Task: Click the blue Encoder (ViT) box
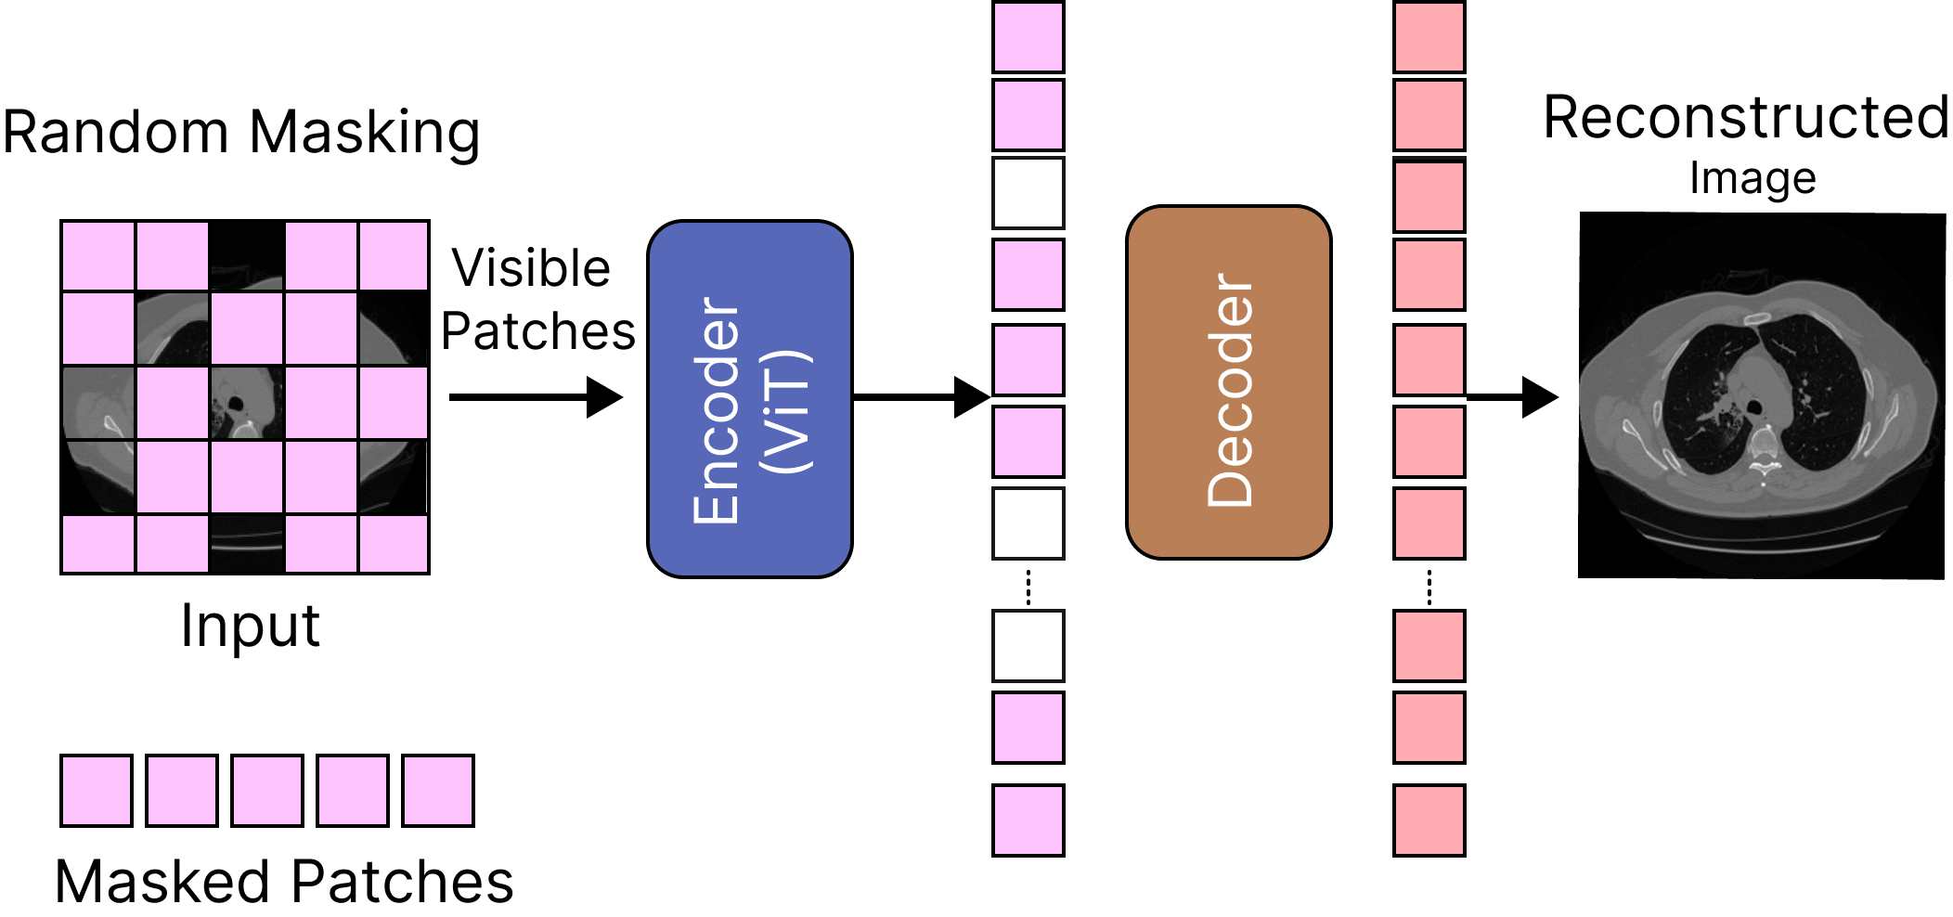click(749, 399)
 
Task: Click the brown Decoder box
click(1228, 382)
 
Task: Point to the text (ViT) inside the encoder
click(786, 411)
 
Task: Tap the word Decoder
click(1230, 390)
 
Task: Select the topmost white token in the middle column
click(1028, 193)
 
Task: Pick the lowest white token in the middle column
click(1028, 645)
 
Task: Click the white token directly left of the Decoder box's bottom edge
click(1028, 523)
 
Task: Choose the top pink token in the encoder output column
click(1028, 37)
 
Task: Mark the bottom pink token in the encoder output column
click(1028, 820)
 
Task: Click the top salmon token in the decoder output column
click(1429, 37)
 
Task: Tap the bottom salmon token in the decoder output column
click(1429, 820)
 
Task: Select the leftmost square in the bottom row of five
click(97, 791)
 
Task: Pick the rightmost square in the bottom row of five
click(438, 791)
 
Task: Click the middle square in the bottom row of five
click(267, 791)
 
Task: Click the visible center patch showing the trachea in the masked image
click(246, 403)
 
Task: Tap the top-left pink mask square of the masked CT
click(98, 255)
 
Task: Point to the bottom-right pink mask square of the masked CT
click(394, 544)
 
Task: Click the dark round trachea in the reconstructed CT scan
click(1755, 407)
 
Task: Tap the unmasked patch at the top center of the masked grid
click(246, 255)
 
